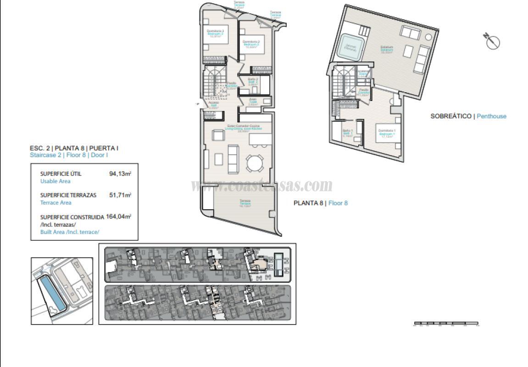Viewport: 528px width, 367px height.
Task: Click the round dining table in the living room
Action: pos(255,162)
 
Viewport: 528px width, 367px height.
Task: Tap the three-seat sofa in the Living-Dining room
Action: pos(233,159)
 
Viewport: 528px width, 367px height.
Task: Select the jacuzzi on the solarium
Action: pos(351,47)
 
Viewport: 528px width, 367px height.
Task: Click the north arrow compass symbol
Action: pos(493,42)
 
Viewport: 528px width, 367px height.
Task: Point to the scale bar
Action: pos(446,324)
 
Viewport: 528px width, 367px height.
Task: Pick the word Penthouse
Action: pos(491,116)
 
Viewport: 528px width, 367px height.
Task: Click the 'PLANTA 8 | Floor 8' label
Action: pos(321,203)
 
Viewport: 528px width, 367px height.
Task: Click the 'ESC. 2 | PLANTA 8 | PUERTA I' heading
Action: pos(74,148)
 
